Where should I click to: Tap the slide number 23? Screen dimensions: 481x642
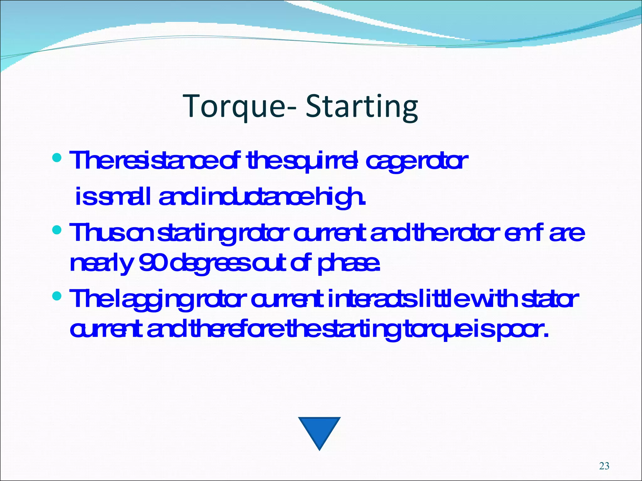coord(604,466)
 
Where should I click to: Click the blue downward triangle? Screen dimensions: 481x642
coord(319,431)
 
